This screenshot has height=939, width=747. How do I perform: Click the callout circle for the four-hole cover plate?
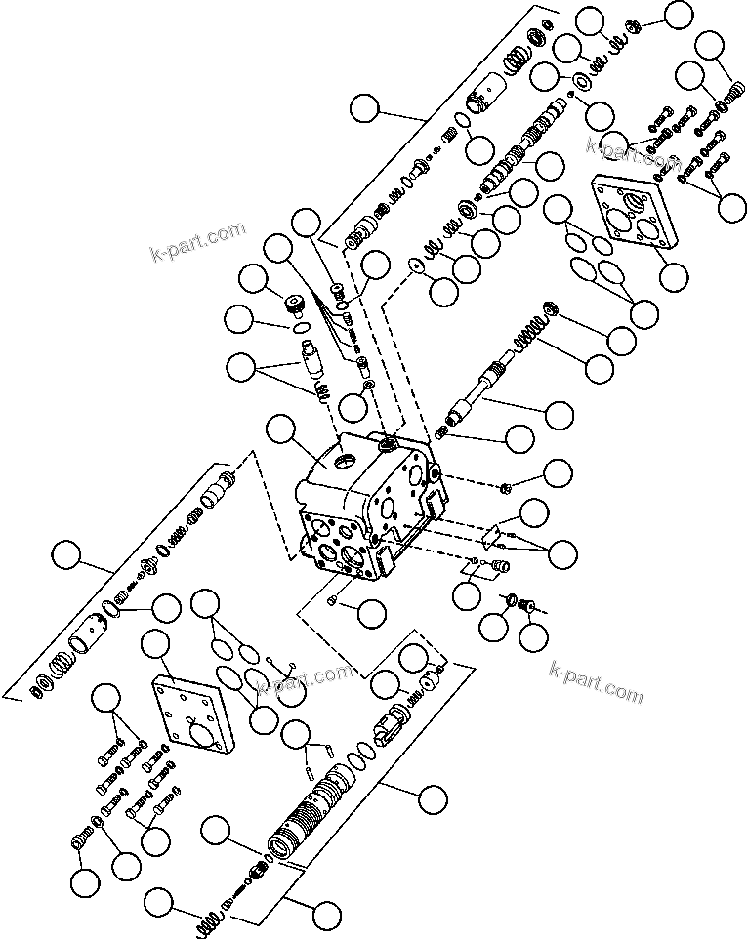coord(672,276)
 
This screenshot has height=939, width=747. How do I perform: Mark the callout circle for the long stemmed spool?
coord(559,415)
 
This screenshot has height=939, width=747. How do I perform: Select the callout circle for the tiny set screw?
coord(371,613)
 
